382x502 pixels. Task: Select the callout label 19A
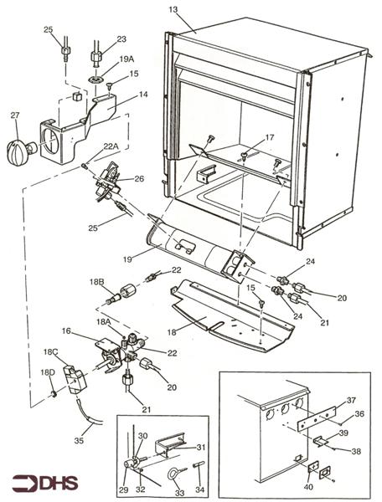coord(126,60)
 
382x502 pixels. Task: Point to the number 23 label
coord(121,38)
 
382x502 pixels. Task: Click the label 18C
coord(52,352)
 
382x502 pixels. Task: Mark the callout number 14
coord(142,96)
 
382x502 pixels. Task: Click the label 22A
coord(111,146)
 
